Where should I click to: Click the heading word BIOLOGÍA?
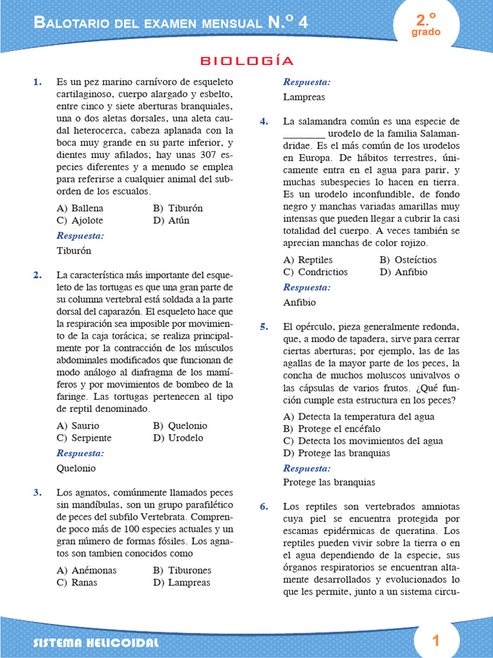(247, 61)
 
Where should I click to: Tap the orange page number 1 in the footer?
(436, 640)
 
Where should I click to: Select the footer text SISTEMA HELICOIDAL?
(96, 643)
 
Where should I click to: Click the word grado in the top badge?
(426, 32)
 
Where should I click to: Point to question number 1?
(37, 82)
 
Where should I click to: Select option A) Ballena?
(80, 208)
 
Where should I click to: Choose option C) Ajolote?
(80, 220)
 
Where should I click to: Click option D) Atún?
(171, 220)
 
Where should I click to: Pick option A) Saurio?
(78, 425)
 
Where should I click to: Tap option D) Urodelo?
(178, 438)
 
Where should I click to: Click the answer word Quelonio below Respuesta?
(76, 468)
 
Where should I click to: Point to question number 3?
(37, 493)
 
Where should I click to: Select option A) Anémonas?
(87, 570)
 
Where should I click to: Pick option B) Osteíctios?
(408, 260)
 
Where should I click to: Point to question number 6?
(264, 506)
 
